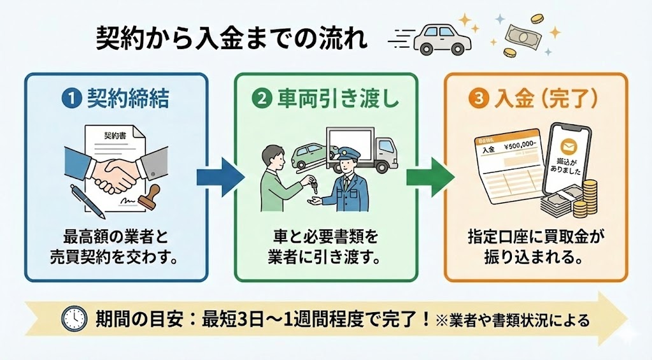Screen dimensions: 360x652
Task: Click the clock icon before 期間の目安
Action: [x=74, y=318]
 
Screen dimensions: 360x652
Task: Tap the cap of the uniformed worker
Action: [x=348, y=152]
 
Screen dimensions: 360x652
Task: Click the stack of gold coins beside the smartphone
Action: [x=587, y=199]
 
